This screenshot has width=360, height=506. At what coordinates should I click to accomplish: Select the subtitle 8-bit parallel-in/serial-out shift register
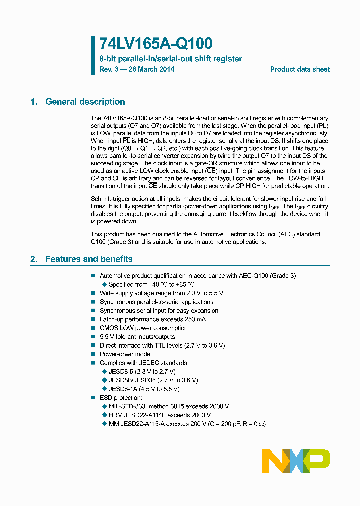[170, 59]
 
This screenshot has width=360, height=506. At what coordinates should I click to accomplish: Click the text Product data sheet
[300, 69]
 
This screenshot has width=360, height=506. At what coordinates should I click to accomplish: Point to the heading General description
[85, 102]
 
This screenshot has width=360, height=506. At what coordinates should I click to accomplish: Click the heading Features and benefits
[89, 259]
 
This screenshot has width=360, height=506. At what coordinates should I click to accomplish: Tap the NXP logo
[296, 461]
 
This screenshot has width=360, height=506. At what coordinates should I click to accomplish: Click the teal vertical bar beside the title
[93, 55]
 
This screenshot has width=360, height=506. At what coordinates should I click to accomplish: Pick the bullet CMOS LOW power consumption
[143, 328]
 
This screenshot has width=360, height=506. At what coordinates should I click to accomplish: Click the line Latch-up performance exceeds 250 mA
[152, 319]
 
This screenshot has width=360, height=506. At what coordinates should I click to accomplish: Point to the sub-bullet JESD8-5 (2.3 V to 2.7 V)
[142, 371]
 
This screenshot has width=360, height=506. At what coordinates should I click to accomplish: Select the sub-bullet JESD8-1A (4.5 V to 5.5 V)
[144, 389]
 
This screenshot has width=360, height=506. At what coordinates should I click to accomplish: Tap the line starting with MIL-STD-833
[168, 406]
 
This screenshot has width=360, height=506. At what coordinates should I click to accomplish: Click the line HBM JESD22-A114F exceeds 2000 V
[159, 415]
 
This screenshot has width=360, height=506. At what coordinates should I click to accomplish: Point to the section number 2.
[33, 259]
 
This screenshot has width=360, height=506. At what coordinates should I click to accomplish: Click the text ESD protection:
[121, 397]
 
